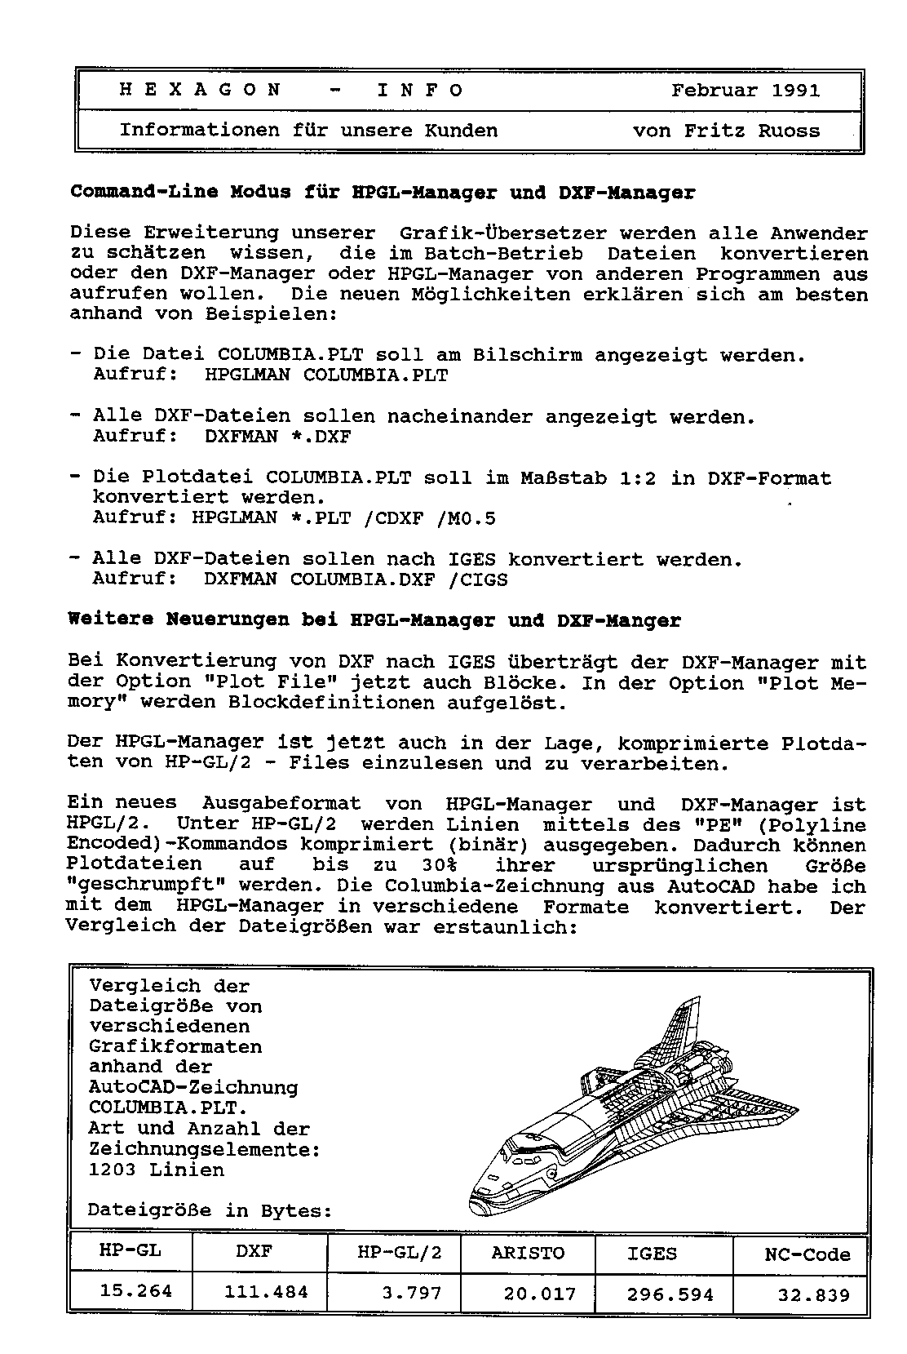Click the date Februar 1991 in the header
pyautogui.click(x=746, y=91)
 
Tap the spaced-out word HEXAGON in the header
pyautogui.click(x=201, y=91)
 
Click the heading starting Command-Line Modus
pyautogui.click(x=383, y=193)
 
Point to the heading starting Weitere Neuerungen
pyautogui.click(x=374, y=620)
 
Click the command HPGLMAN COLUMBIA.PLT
pyautogui.click(x=326, y=375)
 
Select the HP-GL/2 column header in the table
pyautogui.click(x=400, y=1253)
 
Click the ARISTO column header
pyautogui.click(x=528, y=1253)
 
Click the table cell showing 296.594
pyautogui.click(x=670, y=1294)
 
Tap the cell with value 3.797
pyautogui.click(x=411, y=1294)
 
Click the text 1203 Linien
pyautogui.click(x=156, y=1170)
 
